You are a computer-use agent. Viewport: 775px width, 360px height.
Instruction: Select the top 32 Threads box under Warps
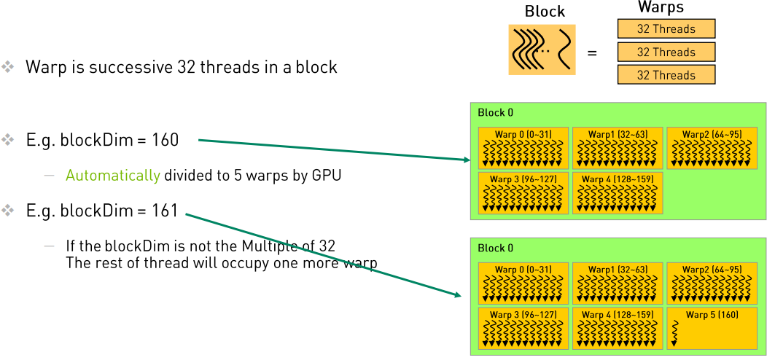click(666, 29)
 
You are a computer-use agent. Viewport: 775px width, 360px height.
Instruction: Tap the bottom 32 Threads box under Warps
click(666, 75)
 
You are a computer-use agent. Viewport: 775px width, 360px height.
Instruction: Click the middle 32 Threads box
click(666, 52)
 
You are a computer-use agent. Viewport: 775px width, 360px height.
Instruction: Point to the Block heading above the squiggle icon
click(545, 12)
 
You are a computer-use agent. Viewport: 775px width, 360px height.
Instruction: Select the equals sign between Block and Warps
click(592, 52)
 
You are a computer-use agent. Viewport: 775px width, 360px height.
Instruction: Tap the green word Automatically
click(113, 175)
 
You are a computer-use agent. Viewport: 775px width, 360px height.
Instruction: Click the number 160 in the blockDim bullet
click(165, 140)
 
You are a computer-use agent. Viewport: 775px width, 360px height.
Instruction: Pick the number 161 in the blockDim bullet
click(165, 211)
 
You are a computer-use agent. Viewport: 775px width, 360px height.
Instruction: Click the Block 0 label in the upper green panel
click(495, 113)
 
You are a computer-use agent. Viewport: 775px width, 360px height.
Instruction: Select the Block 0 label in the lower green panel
click(495, 249)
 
